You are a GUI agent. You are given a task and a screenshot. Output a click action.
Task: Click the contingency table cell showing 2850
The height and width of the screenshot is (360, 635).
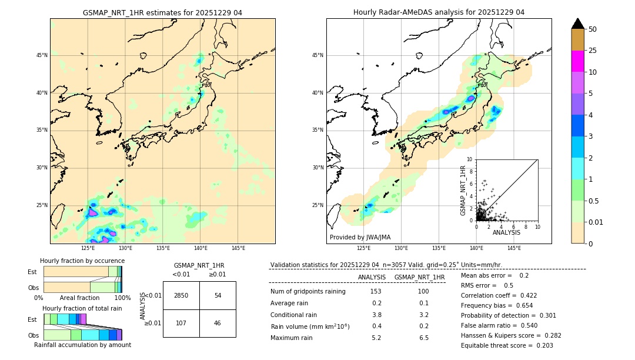click(181, 295)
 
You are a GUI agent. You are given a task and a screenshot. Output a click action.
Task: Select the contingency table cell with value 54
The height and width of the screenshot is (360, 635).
click(218, 295)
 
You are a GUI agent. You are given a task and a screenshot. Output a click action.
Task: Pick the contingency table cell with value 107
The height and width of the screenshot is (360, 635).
click(181, 323)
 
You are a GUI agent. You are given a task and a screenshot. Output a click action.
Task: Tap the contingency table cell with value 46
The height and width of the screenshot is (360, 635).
click(218, 323)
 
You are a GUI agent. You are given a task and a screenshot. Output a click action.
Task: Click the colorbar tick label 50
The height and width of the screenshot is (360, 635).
click(593, 29)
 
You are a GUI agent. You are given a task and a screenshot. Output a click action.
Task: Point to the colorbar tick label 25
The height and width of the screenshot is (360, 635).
click(593, 51)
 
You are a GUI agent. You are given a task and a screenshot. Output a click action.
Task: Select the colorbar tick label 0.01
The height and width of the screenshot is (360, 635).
click(595, 222)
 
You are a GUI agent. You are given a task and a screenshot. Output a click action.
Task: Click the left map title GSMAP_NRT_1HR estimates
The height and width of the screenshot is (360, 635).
click(162, 12)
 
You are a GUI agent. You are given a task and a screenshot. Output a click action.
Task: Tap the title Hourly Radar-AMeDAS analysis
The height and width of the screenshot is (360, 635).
click(439, 12)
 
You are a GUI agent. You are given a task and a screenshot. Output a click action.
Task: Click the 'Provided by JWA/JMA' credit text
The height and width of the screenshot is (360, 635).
click(360, 238)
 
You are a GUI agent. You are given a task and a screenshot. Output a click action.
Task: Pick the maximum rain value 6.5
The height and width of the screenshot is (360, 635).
click(423, 338)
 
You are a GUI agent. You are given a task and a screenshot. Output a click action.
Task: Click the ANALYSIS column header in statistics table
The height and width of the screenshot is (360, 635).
click(372, 277)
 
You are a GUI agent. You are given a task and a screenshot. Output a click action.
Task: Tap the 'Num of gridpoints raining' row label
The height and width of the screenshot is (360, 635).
click(308, 292)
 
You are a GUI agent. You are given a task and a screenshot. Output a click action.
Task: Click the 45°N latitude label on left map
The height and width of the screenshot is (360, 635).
click(42, 55)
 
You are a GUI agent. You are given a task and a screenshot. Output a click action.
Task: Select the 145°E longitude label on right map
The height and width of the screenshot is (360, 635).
click(514, 248)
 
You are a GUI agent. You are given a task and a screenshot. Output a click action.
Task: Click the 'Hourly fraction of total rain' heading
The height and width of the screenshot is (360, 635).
click(82, 308)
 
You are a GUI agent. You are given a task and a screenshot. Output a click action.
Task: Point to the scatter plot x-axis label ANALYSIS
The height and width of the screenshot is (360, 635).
click(506, 232)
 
